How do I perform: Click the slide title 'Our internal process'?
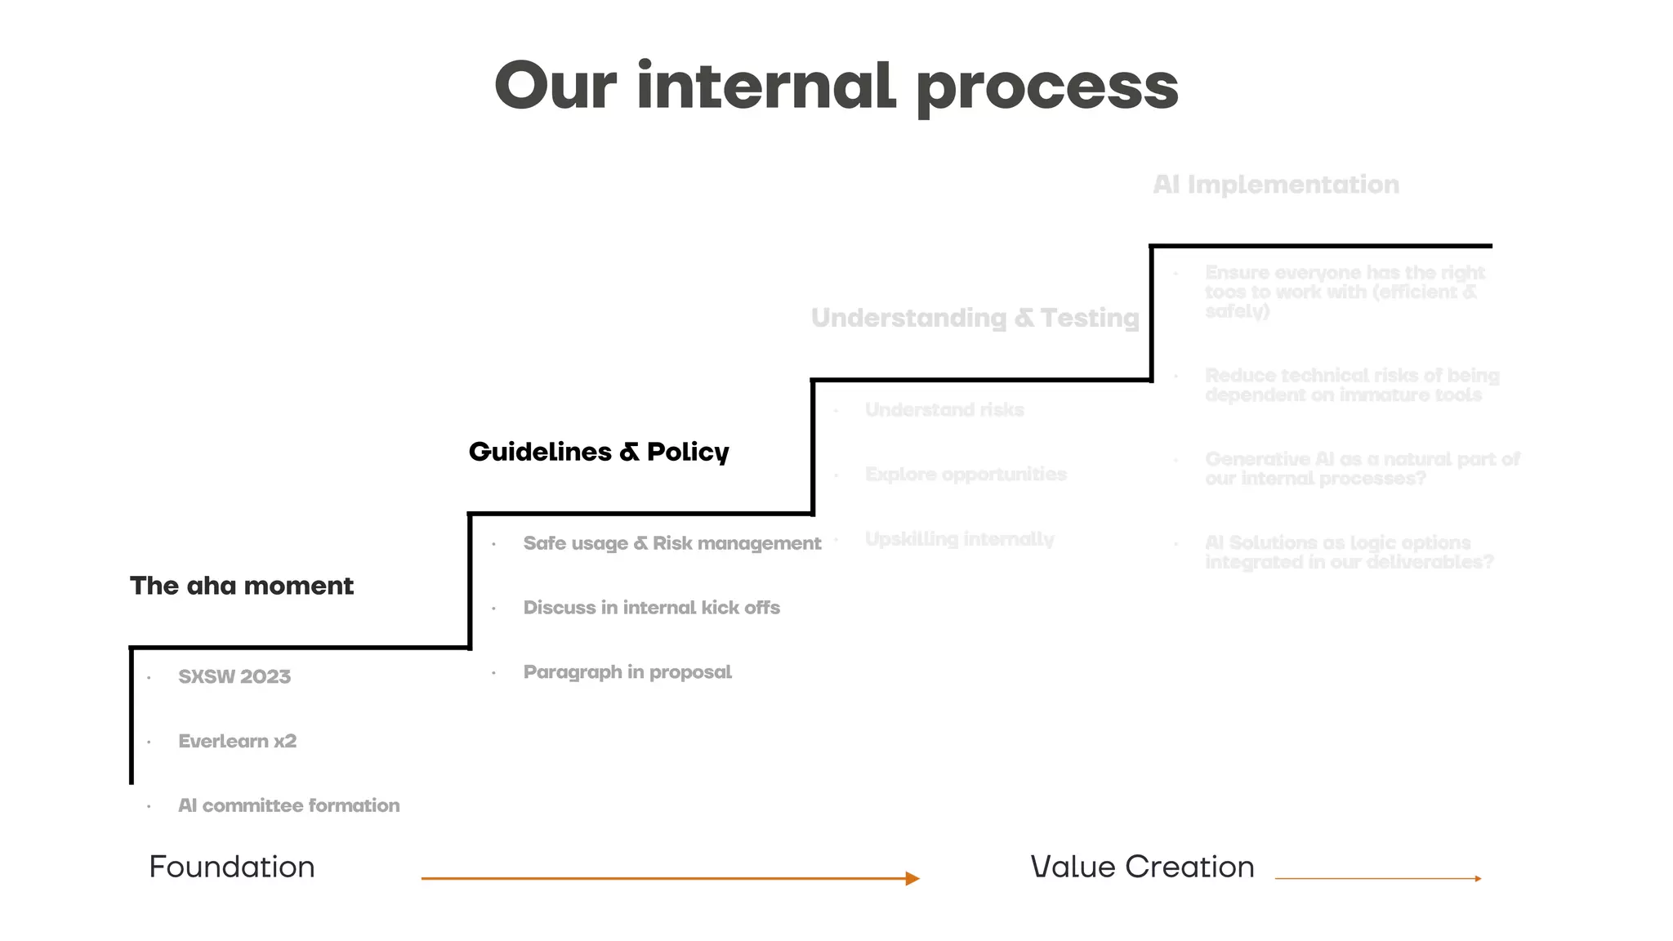point(836,87)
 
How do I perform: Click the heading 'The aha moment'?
point(242,586)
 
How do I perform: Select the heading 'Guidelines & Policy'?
point(599,452)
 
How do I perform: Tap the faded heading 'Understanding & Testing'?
point(975,318)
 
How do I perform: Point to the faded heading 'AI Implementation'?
point(1276,185)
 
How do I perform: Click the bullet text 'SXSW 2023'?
point(234,676)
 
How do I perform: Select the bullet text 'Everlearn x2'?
point(237,741)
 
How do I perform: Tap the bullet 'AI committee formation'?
point(288,805)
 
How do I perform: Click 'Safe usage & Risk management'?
point(671,543)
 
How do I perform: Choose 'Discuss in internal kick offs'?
point(651,608)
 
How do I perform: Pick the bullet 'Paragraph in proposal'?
point(627,672)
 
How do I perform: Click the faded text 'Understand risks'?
point(944,410)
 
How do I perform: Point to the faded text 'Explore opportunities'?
point(966,475)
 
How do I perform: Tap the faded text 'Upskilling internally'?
point(959,539)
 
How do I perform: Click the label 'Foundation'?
point(232,867)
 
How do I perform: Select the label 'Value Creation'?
point(1142,867)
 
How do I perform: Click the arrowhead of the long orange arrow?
point(912,879)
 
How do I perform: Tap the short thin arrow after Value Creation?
point(1377,879)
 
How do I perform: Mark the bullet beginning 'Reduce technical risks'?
point(1351,386)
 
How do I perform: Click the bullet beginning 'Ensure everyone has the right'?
point(1344,292)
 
